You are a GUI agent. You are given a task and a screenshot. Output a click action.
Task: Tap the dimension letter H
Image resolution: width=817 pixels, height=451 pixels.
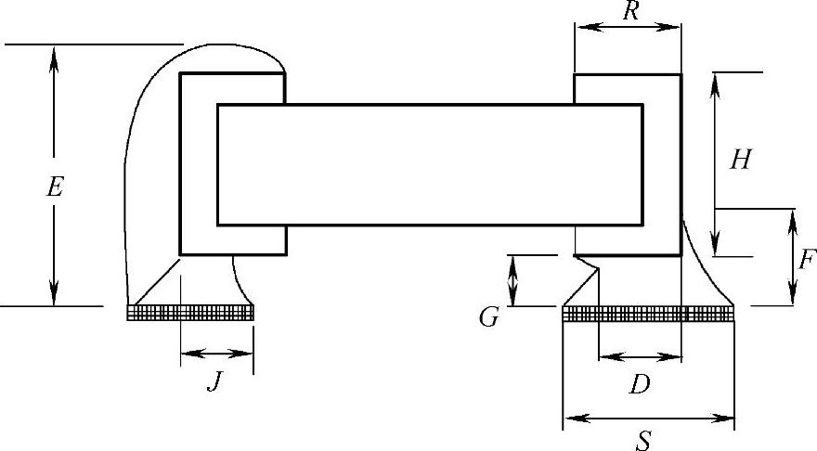740,161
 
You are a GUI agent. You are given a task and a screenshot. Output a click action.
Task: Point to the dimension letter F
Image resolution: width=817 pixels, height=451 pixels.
806,259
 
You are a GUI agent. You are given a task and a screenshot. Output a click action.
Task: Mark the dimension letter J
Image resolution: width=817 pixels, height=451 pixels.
214,381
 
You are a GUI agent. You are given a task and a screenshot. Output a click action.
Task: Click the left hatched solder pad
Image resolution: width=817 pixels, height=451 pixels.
190,313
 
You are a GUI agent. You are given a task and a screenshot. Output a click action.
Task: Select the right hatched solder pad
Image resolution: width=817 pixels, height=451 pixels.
648,314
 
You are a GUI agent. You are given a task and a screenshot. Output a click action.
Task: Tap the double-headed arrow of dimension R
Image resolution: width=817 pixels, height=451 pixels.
628,28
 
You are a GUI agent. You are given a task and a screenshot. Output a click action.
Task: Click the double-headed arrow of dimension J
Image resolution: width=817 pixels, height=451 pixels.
216,353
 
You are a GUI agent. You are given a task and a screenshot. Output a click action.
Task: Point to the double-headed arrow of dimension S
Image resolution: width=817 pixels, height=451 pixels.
648,419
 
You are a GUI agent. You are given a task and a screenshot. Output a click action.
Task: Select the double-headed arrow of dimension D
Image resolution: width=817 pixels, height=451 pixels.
640,355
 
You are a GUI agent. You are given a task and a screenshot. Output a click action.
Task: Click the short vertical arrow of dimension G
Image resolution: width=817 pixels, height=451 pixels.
512,280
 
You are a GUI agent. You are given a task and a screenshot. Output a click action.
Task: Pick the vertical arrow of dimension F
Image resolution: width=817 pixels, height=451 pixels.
793,257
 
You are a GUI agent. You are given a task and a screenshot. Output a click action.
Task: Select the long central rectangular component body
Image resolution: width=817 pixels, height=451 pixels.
429,164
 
